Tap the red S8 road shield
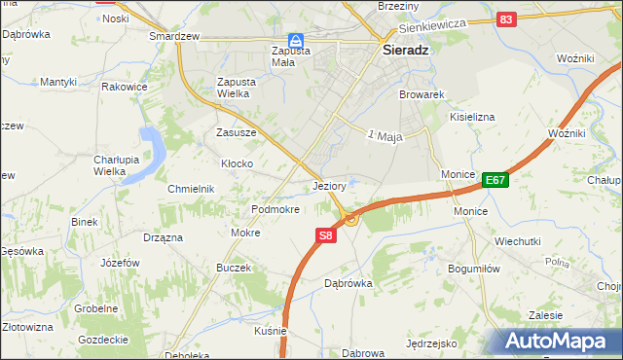click(x=326, y=235)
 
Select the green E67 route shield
click(x=495, y=179)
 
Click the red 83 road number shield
click(x=505, y=18)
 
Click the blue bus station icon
click(x=295, y=40)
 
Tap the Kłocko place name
click(x=238, y=163)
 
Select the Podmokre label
click(x=275, y=209)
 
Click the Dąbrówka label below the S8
click(x=348, y=283)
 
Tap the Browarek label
click(x=421, y=95)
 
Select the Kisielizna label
click(x=472, y=117)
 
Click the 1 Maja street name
click(x=385, y=135)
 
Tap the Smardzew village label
click(x=174, y=36)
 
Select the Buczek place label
click(x=234, y=268)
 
